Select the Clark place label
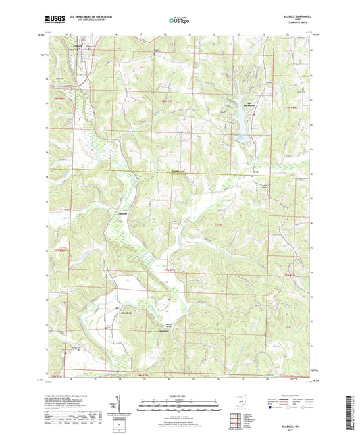pyautogui.click(x=256, y=172)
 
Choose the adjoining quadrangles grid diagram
pyautogui.click(x=239, y=421)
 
